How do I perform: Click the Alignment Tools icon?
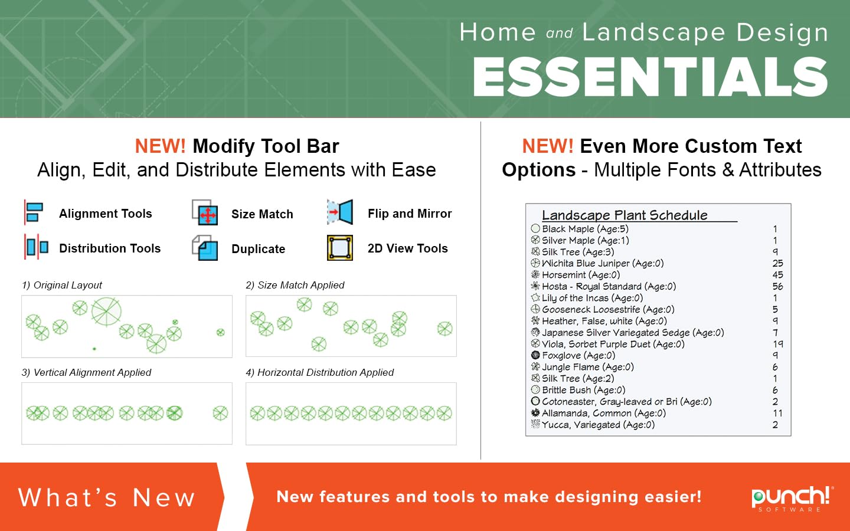(x=34, y=212)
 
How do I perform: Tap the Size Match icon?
(x=205, y=212)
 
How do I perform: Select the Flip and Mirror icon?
(x=340, y=212)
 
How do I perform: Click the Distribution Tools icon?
(x=36, y=247)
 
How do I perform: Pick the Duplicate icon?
(x=205, y=248)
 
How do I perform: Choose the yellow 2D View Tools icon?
(x=340, y=248)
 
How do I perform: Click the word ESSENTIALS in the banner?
(x=650, y=77)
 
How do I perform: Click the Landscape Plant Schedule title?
(x=625, y=215)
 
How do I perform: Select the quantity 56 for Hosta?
(x=777, y=286)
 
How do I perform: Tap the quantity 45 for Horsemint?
(x=777, y=274)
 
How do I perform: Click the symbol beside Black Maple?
(x=535, y=228)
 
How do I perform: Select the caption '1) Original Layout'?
(x=62, y=285)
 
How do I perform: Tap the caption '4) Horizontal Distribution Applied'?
(x=319, y=372)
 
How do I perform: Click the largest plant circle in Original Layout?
(x=106, y=312)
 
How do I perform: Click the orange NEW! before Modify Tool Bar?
(x=161, y=146)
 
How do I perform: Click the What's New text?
(x=107, y=497)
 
